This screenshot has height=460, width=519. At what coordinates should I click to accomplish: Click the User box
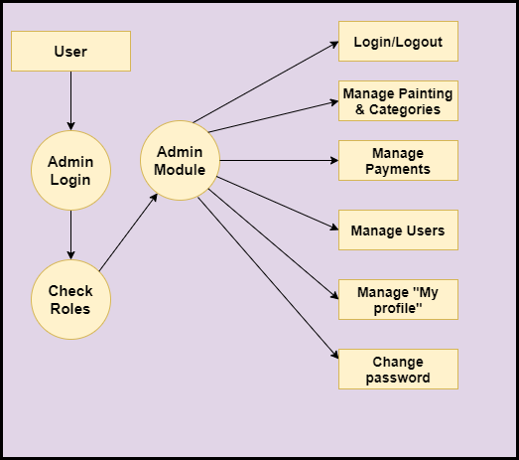(x=70, y=51)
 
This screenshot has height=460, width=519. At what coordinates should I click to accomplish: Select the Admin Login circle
(x=70, y=170)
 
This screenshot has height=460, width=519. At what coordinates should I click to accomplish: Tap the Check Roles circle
(x=70, y=299)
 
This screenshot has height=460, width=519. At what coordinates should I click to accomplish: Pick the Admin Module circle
(x=180, y=160)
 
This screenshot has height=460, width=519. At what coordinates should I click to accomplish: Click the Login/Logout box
(x=398, y=41)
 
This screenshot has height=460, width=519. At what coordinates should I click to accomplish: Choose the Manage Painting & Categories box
(x=398, y=100)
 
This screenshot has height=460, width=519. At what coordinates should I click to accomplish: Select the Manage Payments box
(x=398, y=160)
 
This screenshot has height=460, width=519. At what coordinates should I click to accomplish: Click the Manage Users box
(x=398, y=230)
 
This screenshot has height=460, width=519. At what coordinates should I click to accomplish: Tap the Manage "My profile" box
(x=398, y=300)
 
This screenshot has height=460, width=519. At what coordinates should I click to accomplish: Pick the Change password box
(x=398, y=370)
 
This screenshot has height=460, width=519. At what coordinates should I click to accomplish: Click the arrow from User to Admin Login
(x=70, y=100)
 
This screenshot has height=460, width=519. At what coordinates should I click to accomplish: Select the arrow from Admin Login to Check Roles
(x=70, y=234)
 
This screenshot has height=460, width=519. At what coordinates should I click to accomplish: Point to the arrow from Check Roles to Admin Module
(x=128, y=232)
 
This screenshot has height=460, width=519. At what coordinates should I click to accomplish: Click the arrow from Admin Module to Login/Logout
(x=266, y=81)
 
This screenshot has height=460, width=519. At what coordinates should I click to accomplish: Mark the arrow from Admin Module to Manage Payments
(x=279, y=160)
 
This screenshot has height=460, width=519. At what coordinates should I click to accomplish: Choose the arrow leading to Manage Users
(x=278, y=203)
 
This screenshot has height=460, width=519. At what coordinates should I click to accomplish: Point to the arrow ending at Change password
(x=268, y=278)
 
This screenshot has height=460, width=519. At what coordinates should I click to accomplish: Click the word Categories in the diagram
(x=405, y=109)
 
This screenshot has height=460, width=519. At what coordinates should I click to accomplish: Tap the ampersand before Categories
(x=360, y=109)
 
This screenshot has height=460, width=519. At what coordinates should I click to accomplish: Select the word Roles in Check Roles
(x=70, y=309)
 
